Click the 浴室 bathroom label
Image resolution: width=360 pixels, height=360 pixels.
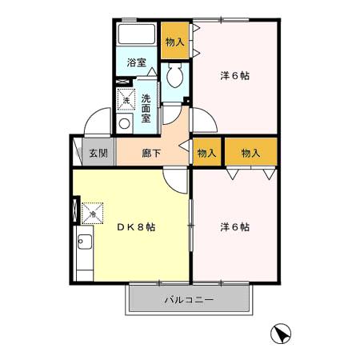(x=136, y=62)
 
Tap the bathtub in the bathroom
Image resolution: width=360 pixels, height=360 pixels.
(x=137, y=36)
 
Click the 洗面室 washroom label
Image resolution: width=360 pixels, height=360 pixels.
(x=147, y=107)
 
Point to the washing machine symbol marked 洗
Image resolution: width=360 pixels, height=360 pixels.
(x=125, y=99)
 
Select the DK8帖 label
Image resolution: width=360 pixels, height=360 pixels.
(x=136, y=226)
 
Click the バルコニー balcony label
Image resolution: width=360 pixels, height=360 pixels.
(x=189, y=302)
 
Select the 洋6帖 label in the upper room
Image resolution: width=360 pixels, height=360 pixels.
(x=235, y=76)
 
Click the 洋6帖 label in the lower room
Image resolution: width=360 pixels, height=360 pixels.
(x=235, y=226)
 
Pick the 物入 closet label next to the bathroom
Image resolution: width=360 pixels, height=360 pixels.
(x=175, y=42)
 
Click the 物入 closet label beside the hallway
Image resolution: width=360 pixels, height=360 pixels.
(x=206, y=152)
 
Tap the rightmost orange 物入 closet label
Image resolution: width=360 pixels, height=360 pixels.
(x=251, y=152)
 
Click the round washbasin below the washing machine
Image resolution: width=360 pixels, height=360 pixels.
(x=125, y=123)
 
